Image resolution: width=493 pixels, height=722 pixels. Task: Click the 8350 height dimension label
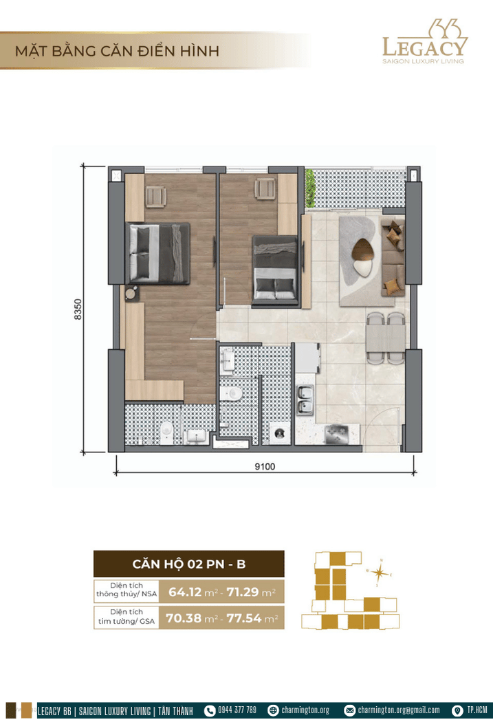(78, 309)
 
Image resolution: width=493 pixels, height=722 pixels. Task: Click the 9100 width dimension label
(265, 466)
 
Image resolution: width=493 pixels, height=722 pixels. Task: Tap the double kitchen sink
(305, 400)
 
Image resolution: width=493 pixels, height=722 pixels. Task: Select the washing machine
(279, 433)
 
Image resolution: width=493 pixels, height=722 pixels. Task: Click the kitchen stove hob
(336, 435)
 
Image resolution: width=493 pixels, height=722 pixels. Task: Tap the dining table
(386, 338)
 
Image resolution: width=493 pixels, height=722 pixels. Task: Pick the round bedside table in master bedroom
(131, 293)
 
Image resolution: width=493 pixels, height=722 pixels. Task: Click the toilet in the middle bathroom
(230, 393)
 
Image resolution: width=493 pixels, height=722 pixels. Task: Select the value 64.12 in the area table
(185, 591)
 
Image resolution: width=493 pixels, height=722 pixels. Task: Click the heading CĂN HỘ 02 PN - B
(188, 564)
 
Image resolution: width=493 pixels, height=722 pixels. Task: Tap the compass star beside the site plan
(380, 573)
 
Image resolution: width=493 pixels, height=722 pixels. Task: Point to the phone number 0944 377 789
(237, 710)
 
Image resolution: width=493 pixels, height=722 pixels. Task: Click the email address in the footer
(399, 710)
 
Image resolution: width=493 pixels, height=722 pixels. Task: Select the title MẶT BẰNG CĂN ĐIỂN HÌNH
(117, 51)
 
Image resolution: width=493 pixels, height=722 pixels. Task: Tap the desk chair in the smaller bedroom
(265, 188)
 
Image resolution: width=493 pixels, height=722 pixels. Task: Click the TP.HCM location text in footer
(477, 710)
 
